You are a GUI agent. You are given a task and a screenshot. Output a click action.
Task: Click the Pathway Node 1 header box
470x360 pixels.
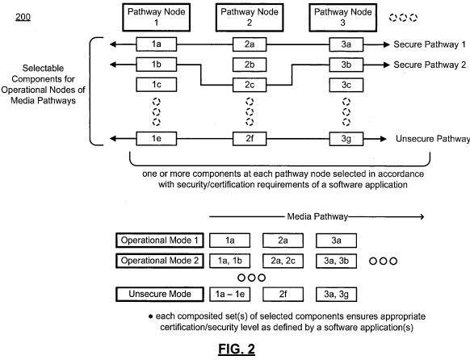(x=156, y=18)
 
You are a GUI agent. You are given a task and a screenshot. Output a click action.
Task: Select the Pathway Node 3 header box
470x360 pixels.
(x=342, y=18)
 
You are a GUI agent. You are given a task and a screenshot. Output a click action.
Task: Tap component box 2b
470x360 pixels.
(x=250, y=65)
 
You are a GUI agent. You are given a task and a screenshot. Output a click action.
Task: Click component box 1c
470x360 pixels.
(x=156, y=85)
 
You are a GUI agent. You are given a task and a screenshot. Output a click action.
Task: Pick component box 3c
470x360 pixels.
(x=346, y=85)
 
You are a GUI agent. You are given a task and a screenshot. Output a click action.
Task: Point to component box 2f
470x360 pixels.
(x=250, y=139)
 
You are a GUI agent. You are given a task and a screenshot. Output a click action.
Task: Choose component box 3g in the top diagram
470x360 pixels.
(x=346, y=139)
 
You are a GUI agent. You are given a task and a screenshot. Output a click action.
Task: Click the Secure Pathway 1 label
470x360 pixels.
(x=430, y=44)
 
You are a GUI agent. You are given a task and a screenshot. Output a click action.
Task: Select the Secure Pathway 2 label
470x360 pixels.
(x=430, y=65)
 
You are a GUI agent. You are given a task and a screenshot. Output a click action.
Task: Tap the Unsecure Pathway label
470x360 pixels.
(x=433, y=139)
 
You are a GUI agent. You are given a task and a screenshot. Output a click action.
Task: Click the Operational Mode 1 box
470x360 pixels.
(x=160, y=241)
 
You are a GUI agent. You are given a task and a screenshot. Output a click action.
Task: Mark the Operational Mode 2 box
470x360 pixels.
(x=160, y=261)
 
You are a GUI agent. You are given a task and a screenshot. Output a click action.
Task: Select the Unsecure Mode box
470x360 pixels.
(x=160, y=294)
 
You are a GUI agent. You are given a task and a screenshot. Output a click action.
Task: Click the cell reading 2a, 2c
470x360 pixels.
(x=283, y=261)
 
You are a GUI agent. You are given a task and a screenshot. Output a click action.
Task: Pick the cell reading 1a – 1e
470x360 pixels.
(x=229, y=294)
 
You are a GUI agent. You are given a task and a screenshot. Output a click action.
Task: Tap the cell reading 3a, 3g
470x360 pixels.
(x=336, y=294)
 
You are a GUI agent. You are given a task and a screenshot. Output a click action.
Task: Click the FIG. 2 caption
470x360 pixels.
(x=237, y=350)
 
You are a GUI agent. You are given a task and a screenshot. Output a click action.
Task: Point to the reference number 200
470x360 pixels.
(x=23, y=17)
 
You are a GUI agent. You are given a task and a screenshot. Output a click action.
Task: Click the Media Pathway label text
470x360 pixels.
(x=317, y=216)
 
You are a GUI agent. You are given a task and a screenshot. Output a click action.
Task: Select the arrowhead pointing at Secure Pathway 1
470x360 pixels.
(x=386, y=44)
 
